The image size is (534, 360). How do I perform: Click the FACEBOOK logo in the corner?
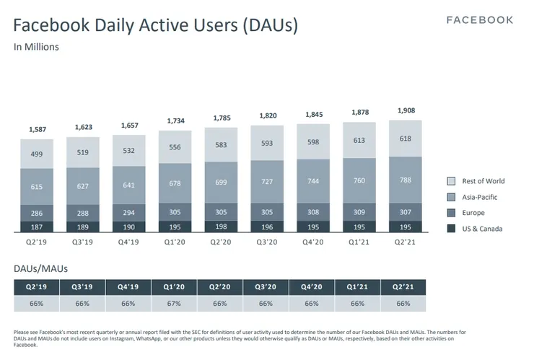[x=480, y=20]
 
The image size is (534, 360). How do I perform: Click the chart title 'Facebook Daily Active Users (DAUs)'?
[x=155, y=26]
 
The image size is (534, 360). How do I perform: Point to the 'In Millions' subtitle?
[x=36, y=48]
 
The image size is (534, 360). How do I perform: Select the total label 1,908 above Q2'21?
[x=406, y=110]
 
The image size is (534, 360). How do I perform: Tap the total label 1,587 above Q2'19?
[x=37, y=129]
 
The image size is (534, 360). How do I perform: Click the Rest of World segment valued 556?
[x=175, y=146]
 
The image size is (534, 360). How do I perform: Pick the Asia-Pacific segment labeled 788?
[x=406, y=181]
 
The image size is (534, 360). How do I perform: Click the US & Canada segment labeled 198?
[x=222, y=227]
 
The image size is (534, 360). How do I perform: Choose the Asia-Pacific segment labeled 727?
[x=268, y=182]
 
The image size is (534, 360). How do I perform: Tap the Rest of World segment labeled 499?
[x=37, y=154]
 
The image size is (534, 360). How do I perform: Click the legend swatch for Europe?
[x=451, y=213]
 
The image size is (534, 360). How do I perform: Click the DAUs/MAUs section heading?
[x=41, y=268]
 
